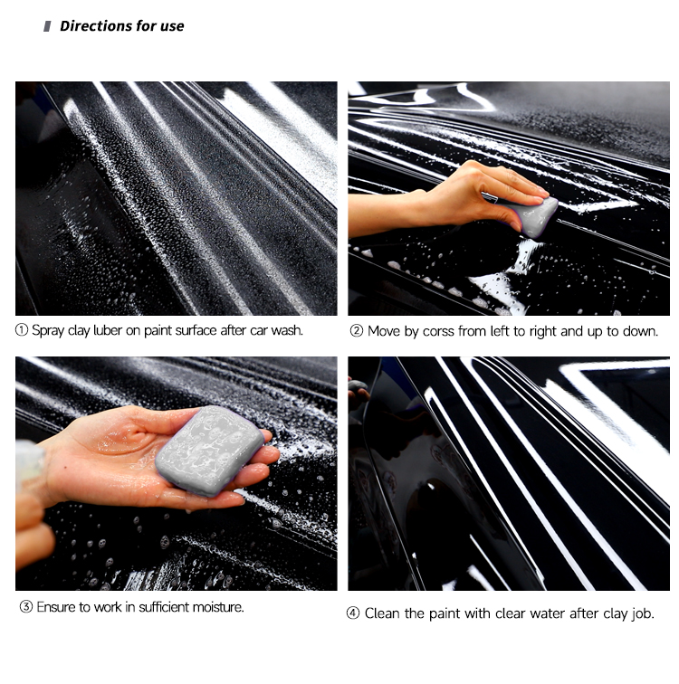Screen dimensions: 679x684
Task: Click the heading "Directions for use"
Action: [x=121, y=26]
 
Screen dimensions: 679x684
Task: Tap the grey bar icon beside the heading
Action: [x=47, y=26]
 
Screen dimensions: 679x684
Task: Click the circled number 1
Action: [x=22, y=329]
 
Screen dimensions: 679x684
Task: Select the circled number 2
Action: [x=356, y=330]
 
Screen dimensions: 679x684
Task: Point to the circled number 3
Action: [x=25, y=606]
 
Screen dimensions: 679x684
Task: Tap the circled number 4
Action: [x=352, y=613]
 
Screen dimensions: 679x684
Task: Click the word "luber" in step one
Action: [x=108, y=330]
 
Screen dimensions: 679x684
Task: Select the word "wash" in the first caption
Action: [x=286, y=330]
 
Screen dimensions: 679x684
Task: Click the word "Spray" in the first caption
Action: [x=48, y=330]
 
